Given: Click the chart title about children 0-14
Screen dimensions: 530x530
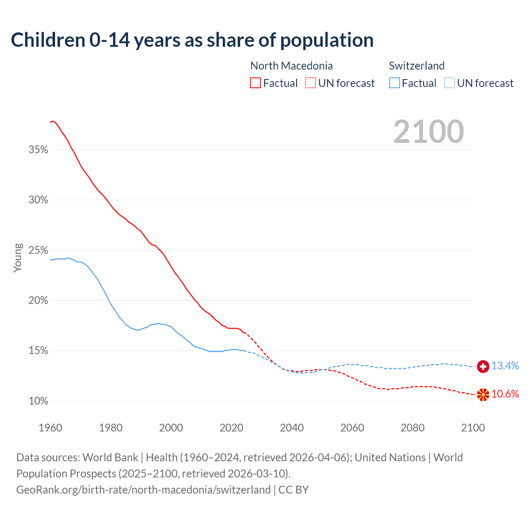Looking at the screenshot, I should tap(192, 40).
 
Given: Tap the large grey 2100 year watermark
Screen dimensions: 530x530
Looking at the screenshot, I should tap(429, 132).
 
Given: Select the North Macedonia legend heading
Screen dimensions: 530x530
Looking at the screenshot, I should tap(291, 66).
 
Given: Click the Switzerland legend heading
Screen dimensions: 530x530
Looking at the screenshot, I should tap(417, 66).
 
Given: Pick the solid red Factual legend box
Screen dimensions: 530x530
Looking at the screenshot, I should tap(255, 83).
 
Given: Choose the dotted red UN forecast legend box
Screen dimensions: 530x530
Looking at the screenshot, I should tap(311, 83).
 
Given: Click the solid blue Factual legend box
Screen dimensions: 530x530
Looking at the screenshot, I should tap(395, 83).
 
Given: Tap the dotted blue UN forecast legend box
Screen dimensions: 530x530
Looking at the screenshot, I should tap(450, 83).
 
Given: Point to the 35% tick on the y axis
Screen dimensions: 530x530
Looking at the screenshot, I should tap(39, 150).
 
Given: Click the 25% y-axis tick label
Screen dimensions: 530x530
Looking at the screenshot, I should tap(39, 251).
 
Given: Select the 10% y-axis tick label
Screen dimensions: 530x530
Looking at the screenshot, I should tap(39, 401).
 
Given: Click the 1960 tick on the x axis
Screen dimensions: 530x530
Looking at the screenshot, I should tap(51, 428).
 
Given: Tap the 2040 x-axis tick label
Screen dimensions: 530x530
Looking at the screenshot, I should tap(292, 428).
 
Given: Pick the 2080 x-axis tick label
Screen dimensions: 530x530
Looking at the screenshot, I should tap(412, 428).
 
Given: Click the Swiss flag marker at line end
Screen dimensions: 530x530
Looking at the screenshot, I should tap(483, 366).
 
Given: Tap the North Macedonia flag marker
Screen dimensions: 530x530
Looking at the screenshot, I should tap(483, 395).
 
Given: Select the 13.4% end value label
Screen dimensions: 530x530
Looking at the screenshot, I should tap(505, 366).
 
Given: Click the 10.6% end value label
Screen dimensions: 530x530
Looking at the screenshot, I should tap(505, 394).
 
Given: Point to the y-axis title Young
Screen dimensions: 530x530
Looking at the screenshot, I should tap(18, 258).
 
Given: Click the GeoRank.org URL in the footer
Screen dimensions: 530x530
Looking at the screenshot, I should tap(143, 490).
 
